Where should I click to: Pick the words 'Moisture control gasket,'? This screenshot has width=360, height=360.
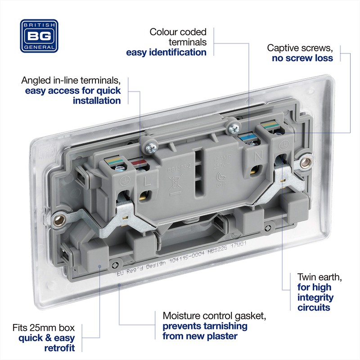[x=206, y=315]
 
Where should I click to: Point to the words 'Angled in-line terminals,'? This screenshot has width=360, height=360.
[x=71, y=81]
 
